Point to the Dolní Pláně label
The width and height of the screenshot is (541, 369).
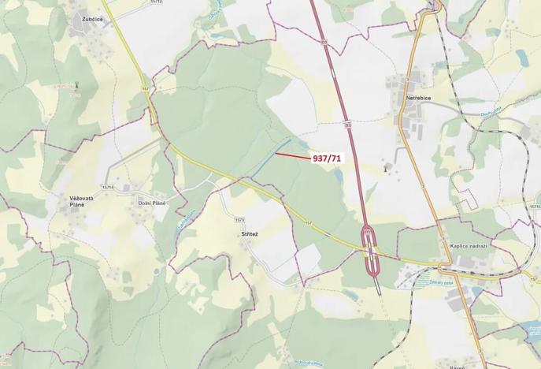pyautogui.click(x=153, y=203)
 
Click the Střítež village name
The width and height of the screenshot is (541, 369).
pyautogui.click(x=250, y=235)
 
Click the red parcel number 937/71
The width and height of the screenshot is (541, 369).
pyautogui.click(x=328, y=158)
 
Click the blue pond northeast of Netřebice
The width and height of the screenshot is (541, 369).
pyautogui.click(x=521, y=57)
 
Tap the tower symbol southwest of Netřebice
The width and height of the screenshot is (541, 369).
pyautogui.click(x=384, y=167)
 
